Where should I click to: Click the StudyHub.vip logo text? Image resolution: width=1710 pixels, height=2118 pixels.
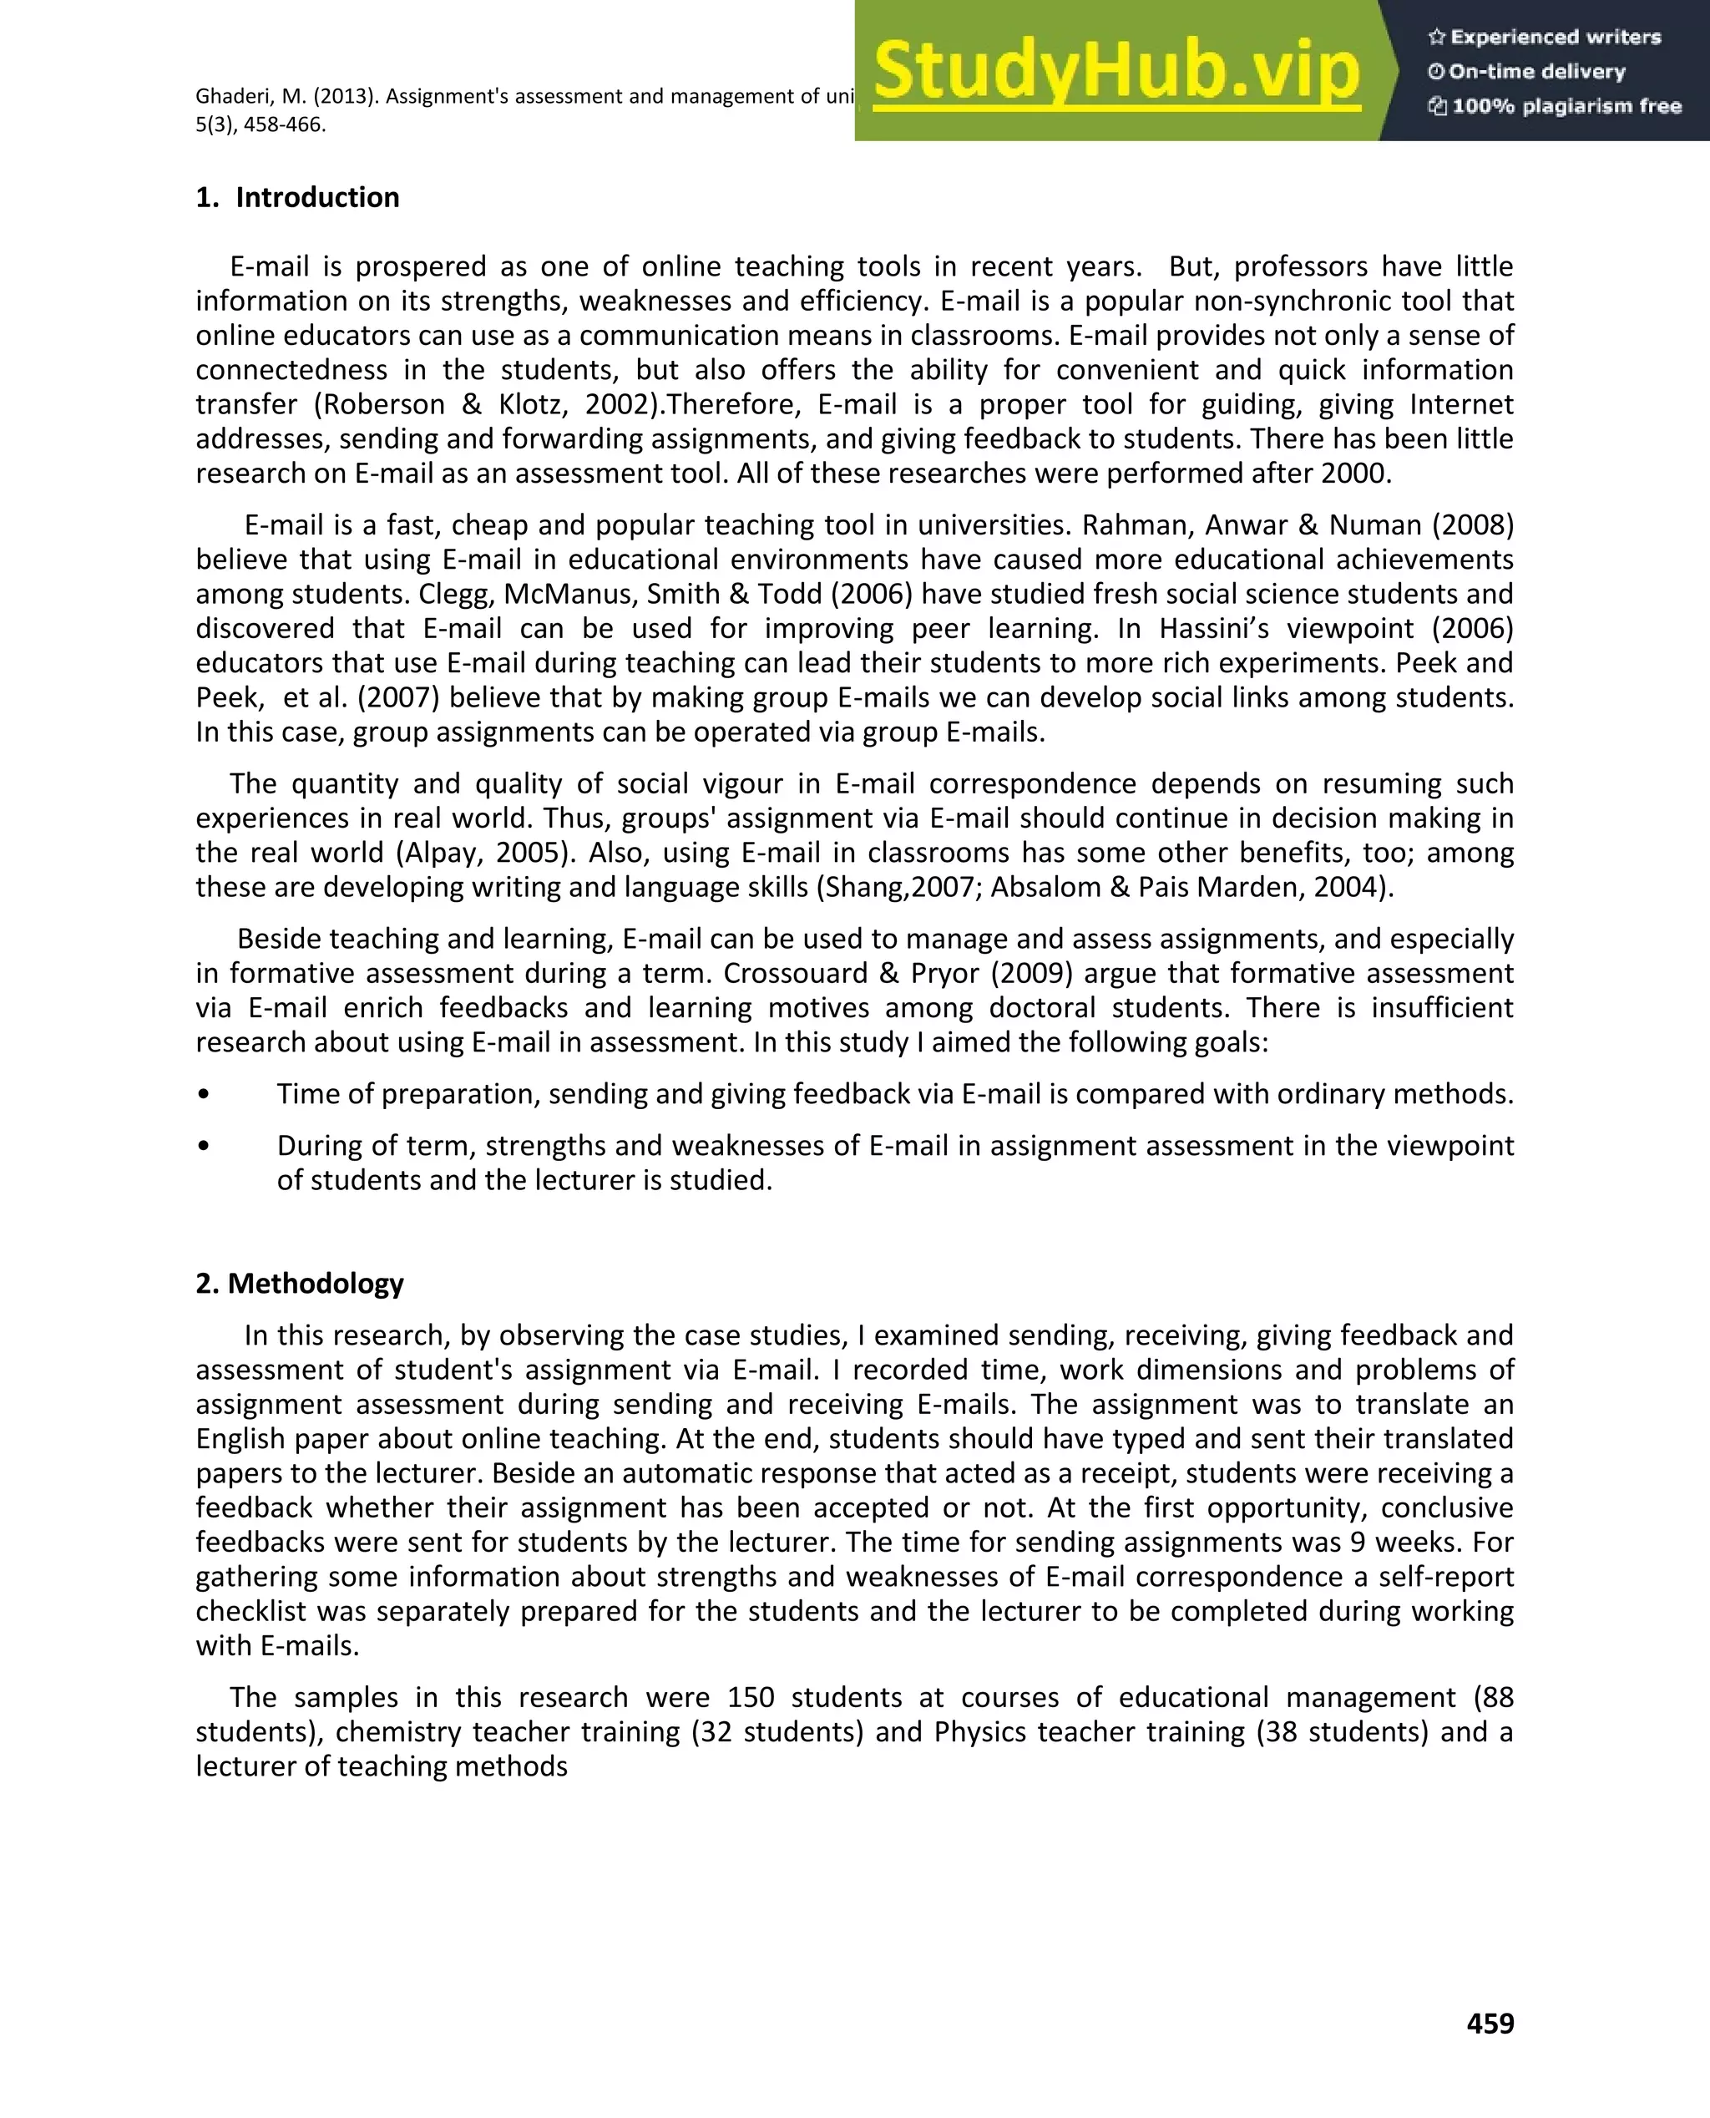pos(1116,71)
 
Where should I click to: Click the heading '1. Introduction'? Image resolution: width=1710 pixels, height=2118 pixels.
pos(297,197)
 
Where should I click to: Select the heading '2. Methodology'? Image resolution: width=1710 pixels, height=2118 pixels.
pos(300,1283)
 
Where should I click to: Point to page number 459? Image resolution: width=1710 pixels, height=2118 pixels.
pos(1490,2023)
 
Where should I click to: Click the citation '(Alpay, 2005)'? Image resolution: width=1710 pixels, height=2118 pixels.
pos(503,852)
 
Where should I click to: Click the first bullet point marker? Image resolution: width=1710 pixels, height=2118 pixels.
pos(203,1094)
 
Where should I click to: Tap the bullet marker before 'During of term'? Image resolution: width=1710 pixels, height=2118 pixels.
pos(203,1146)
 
